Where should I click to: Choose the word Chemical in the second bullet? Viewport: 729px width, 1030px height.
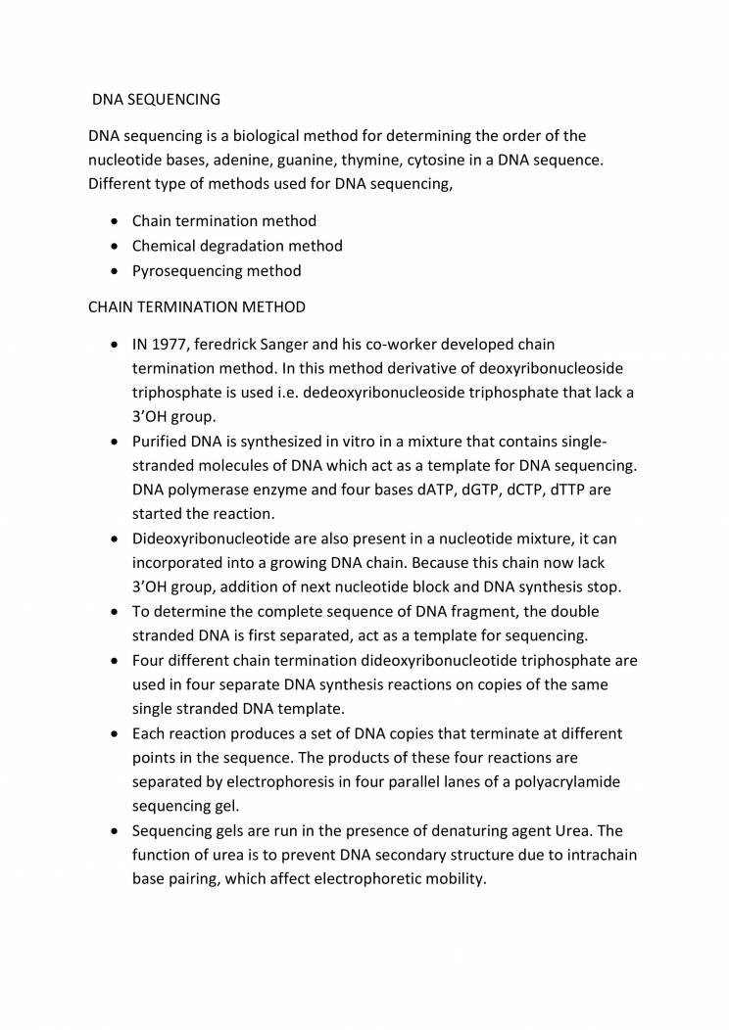pos(163,246)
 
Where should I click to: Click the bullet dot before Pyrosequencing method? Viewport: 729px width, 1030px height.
pos(117,271)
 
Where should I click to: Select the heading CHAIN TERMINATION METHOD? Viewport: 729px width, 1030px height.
pos(196,306)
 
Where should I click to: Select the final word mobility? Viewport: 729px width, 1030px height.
pos(451,878)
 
